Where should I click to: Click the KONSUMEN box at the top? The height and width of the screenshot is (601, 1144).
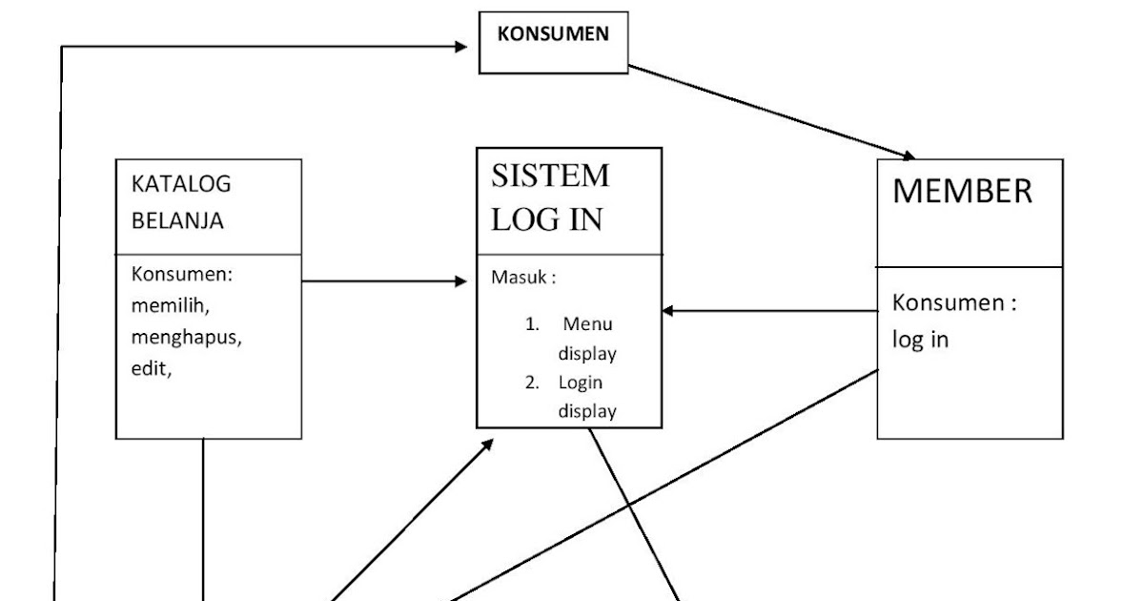coord(553,44)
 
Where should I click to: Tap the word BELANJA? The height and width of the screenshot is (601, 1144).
coord(177,221)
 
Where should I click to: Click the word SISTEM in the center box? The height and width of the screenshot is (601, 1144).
coord(550,176)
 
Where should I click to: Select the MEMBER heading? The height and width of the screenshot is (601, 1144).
coord(962,192)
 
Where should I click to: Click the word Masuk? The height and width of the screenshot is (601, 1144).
coord(521,279)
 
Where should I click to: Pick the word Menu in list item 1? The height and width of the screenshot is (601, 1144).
coord(587,323)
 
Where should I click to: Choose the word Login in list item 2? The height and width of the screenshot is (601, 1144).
coord(581,383)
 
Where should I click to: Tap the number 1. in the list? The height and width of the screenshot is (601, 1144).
coord(533,323)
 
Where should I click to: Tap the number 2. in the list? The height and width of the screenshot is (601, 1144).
coord(532,383)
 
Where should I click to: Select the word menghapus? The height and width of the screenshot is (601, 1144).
coord(186,338)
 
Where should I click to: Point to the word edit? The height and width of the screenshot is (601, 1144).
coord(151,369)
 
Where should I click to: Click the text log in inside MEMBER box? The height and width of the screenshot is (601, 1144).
coord(920,341)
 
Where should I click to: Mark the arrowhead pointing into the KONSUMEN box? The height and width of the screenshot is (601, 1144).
coord(469,45)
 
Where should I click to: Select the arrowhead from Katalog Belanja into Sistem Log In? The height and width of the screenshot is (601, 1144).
coord(461,281)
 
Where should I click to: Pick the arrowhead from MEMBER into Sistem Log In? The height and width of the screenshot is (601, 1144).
coord(670,310)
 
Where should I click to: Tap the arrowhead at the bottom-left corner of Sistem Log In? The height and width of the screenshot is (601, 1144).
coord(487,445)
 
